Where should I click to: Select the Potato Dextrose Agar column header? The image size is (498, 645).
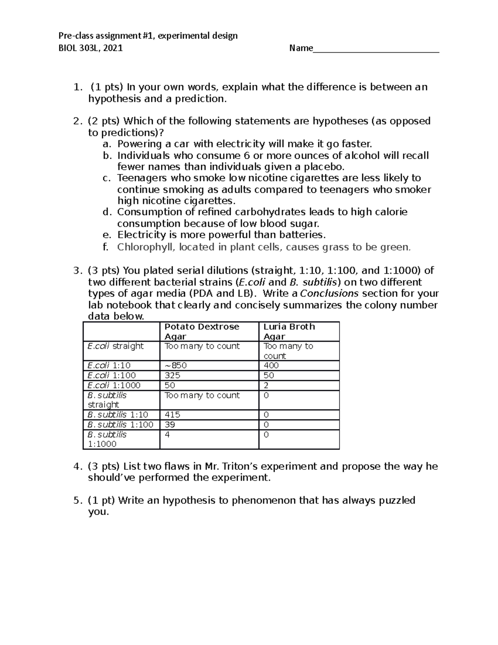202,331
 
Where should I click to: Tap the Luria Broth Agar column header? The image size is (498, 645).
289,331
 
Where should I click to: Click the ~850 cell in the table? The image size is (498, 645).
176,365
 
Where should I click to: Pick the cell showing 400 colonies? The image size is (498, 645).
271,365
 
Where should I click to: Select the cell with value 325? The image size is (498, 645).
172,375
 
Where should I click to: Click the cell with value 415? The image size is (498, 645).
172,414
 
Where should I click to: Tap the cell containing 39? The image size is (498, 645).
170,424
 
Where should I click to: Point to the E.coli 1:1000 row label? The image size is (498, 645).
114,385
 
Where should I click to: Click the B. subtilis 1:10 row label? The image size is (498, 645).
117,414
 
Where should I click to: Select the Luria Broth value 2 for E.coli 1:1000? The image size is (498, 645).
266,385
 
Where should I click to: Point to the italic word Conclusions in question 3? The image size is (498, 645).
329,294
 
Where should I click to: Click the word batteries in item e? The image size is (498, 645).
302,235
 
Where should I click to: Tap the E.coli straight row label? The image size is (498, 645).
115,346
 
